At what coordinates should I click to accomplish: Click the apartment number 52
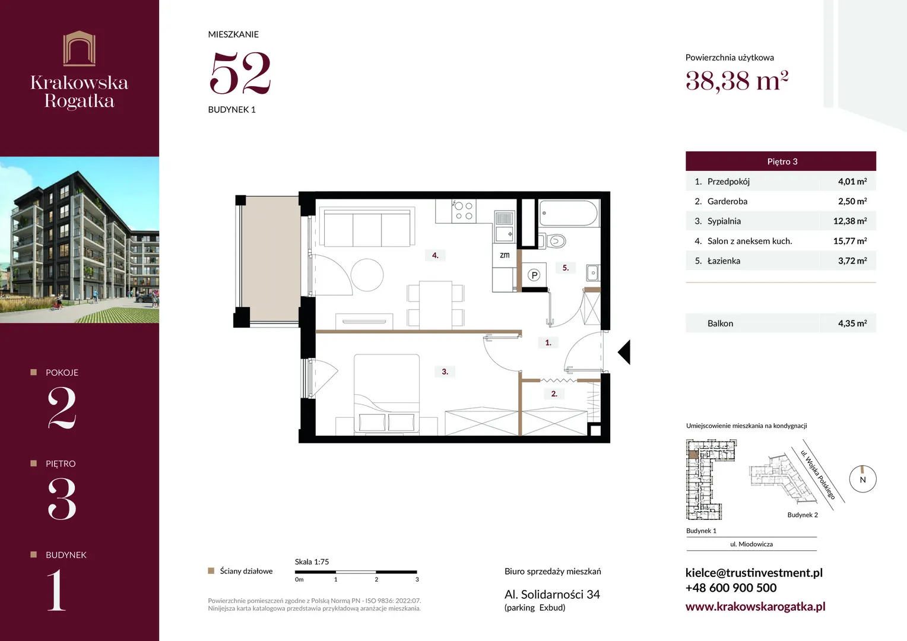click(x=240, y=73)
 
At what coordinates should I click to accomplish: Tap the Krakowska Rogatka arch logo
click(x=80, y=48)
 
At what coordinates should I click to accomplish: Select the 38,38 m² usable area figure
click(x=737, y=81)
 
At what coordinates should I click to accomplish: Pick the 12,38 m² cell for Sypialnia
click(x=850, y=221)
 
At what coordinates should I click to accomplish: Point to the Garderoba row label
click(x=727, y=201)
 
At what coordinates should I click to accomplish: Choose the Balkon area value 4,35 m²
click(x=852, y=323)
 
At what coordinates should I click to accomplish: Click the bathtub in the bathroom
click(x=568, y=213)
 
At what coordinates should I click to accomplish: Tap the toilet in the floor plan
click(x=554, y=242)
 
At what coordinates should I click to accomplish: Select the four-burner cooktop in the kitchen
click(x=464, y=211)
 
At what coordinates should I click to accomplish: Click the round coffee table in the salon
click(x=367, y=275)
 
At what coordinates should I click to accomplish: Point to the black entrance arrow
click(x=624, y=352)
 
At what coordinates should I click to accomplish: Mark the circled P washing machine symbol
click(x=534, y=275)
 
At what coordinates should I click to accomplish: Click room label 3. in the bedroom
click(x=445, y=372)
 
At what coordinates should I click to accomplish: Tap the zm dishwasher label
click(x=505, y=255)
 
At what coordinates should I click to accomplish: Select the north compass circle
click(x=863, y=479)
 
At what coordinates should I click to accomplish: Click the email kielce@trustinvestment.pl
click(x=754, y=573)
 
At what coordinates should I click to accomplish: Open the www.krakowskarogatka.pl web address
click(x=755, y=606)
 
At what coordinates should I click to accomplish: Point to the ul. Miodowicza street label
click(x=751, y=544)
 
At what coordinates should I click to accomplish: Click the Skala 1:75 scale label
click(x=312, y=561)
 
